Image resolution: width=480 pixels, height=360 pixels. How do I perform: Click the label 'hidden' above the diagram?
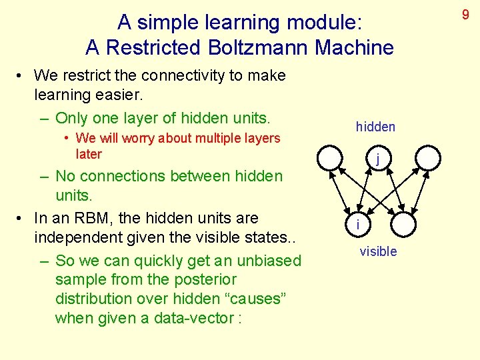tap(375, 127)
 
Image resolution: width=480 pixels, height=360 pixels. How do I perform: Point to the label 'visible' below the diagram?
tap(378, 251)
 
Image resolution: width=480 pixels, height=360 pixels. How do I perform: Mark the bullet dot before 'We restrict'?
tap(22, 76)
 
